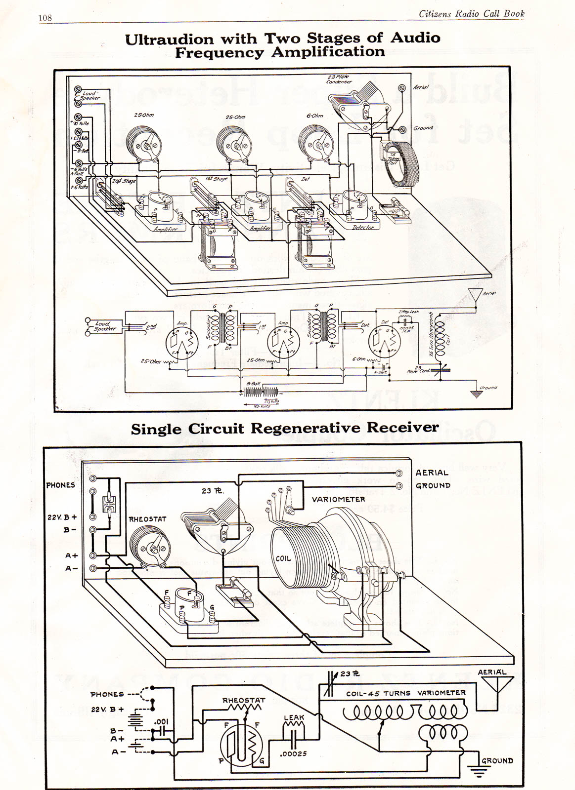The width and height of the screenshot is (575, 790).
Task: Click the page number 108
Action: coord(45,18)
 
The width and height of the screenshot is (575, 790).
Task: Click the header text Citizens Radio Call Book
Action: coord(471,14)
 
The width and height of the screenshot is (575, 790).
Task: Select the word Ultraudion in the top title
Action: coord(169,39)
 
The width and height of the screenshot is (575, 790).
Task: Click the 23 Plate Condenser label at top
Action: coord(339,79)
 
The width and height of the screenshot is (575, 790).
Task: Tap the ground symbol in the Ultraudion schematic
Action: coord(476,394)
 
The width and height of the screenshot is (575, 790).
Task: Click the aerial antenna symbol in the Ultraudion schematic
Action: coord(475,295)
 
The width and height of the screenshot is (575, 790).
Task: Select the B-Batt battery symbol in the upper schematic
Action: coord(261,392)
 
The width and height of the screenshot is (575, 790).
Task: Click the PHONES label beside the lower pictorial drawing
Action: coord(60,485)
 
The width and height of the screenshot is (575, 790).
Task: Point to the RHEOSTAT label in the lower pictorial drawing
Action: coord(147,519)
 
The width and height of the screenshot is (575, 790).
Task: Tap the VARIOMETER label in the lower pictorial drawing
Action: coord(338,499)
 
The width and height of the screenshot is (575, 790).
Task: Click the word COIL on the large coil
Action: coord(283,558)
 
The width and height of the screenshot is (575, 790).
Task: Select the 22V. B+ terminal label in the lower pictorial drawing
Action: coord(62,517)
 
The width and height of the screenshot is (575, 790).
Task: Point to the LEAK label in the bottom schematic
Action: coord(294,717)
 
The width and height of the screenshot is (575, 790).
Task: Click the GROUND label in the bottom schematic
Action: coord(497,761)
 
